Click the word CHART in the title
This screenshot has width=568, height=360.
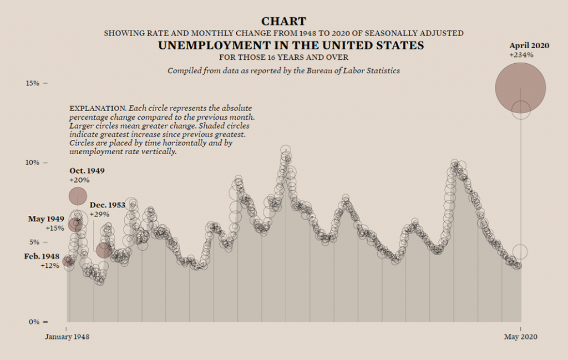coord(283,21)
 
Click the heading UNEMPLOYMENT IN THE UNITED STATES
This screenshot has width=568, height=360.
coord(291,45)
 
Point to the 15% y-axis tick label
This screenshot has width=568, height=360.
coord(32,83)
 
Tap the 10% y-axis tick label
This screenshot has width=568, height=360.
coord(32,163)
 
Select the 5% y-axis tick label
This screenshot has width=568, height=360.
coord(34,242)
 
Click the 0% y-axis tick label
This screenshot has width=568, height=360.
coord(34,322)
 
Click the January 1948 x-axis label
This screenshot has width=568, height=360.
coord(67,337)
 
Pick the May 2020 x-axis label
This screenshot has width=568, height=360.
coord(520,337)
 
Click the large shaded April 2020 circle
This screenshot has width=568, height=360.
coord(520,88)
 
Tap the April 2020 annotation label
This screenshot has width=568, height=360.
coord(529,45)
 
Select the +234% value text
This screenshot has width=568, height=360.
coord(521,55)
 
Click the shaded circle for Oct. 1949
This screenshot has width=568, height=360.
coord(78,196)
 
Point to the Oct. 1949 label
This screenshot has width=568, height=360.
coord(87,171)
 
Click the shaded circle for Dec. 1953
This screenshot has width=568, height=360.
coord(104,250)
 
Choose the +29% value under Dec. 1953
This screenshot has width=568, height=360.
coord(99,214)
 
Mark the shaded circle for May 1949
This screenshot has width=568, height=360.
coord(75,225)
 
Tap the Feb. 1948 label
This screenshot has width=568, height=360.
coord(42,256)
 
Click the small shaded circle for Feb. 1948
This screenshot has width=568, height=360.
coord(68,261)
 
